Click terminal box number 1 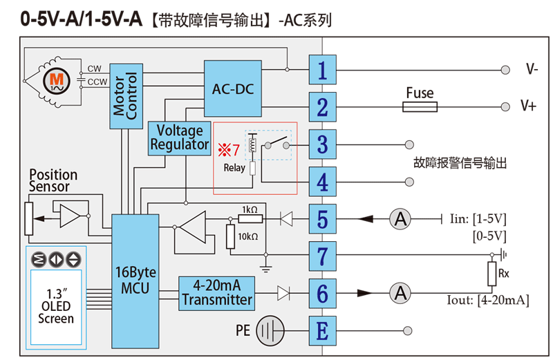pyautogui.click(x=322, y=70)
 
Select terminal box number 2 pyautogui.click(x=322, y=107)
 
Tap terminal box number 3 pyautogui.click(x=322, y=144)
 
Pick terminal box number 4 pyautogui.click(x=322, y=182)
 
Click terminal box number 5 pyautogui.click(x=322, y=219)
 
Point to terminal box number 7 pyautogui.click(x=322, y=256)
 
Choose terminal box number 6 pyautogui.click(x=322, y=294)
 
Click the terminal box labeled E pyautogui.click(x=322, y=331)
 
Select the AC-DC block pyautogui.click(x=233, y=88)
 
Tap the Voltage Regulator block pyautogui.click(x=180, y=138)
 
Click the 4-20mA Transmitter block pyautogui.click(x=217, y=293)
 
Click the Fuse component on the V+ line pyautogui.click(x=420, y=106)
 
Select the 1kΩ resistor pyautogui.click(x=250, y=219)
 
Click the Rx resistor pyautogui.click(x=491, y=274)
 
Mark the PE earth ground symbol pyautogui.click(x=270, y=331)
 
